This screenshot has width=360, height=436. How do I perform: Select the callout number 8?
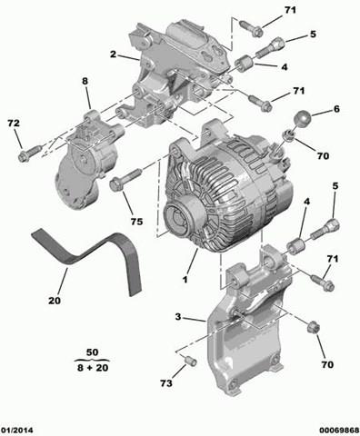point(85,82)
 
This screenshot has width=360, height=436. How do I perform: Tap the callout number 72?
point(13,122)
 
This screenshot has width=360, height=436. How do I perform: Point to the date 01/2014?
point(18,429)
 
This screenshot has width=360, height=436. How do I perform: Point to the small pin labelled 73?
point(189,362)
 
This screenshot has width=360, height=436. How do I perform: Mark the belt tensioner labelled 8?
point(82,159)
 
